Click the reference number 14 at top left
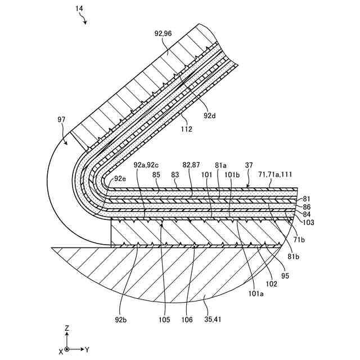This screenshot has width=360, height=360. pos(79,9)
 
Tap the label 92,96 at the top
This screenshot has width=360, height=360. pos(164,33)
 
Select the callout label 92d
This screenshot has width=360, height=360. pos(210,116)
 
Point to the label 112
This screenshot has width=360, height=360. pos(186,129)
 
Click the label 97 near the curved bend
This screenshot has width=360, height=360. pos(62,119)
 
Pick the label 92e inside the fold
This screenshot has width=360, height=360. pos(120,178)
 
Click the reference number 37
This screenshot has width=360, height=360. pos(250,165)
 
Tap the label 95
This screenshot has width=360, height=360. pos(285,276)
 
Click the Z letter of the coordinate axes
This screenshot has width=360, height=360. pos(67,327)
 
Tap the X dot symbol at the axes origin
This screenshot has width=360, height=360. pos(67,349)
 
